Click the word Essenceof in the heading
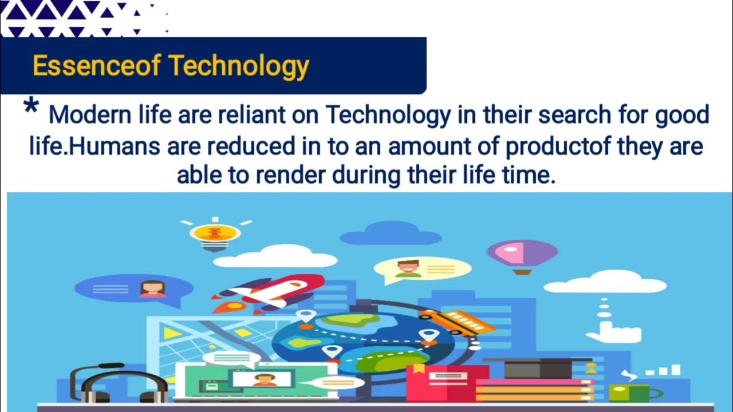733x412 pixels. click(x=96, y=66)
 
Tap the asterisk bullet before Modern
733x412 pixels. click(x=31, y=108)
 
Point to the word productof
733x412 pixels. click(x=550, y=146)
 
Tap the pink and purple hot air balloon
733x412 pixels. click(x=522, y=255)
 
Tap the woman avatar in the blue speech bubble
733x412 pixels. click(x=153, y=288)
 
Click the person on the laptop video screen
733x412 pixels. click(x=264, y=379)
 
